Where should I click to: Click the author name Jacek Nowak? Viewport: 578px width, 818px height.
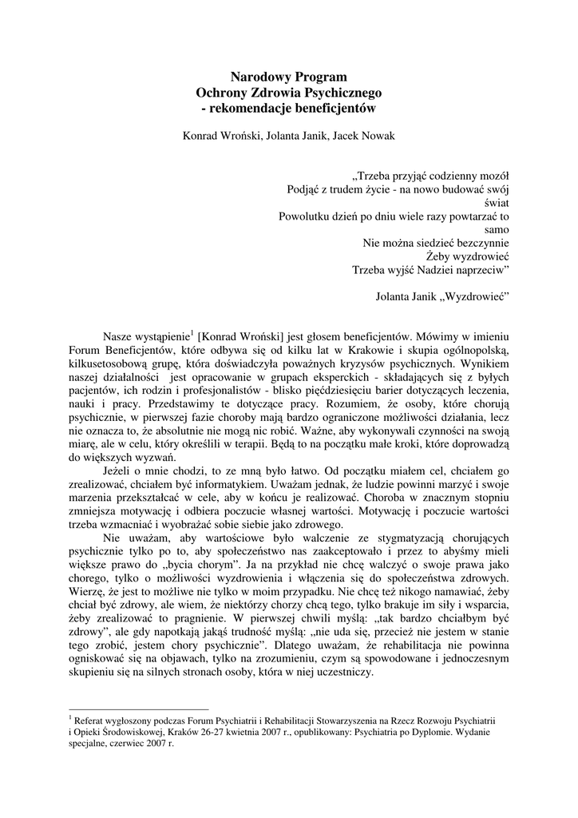359,135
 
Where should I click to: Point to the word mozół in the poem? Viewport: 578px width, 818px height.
493,175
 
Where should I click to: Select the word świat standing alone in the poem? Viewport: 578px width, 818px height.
495,202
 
